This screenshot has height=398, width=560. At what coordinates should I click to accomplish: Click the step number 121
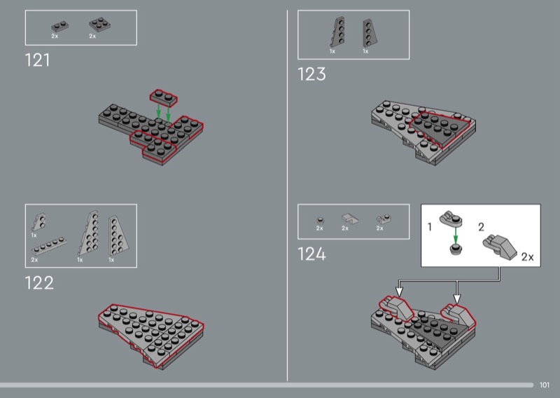(x=38, y=60)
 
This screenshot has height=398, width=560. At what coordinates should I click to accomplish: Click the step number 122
(x=39, y=283)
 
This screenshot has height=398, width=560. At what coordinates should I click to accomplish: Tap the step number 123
(x=311, y=74)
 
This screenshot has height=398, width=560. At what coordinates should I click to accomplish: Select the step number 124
(x=311, y=254)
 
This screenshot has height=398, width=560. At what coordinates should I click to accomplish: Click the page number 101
(x=545, y=385)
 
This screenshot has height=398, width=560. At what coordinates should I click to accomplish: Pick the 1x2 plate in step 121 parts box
(x=60, y=27)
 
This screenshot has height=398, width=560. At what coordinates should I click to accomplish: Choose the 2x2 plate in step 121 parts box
(x=99, y=25)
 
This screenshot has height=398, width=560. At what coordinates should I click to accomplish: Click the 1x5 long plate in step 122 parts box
(x=49, y=245)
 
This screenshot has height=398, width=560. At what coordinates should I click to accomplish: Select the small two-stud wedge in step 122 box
(x=39, y=222)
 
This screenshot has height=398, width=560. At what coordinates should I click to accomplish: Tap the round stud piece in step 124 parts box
(x=321, y=220)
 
